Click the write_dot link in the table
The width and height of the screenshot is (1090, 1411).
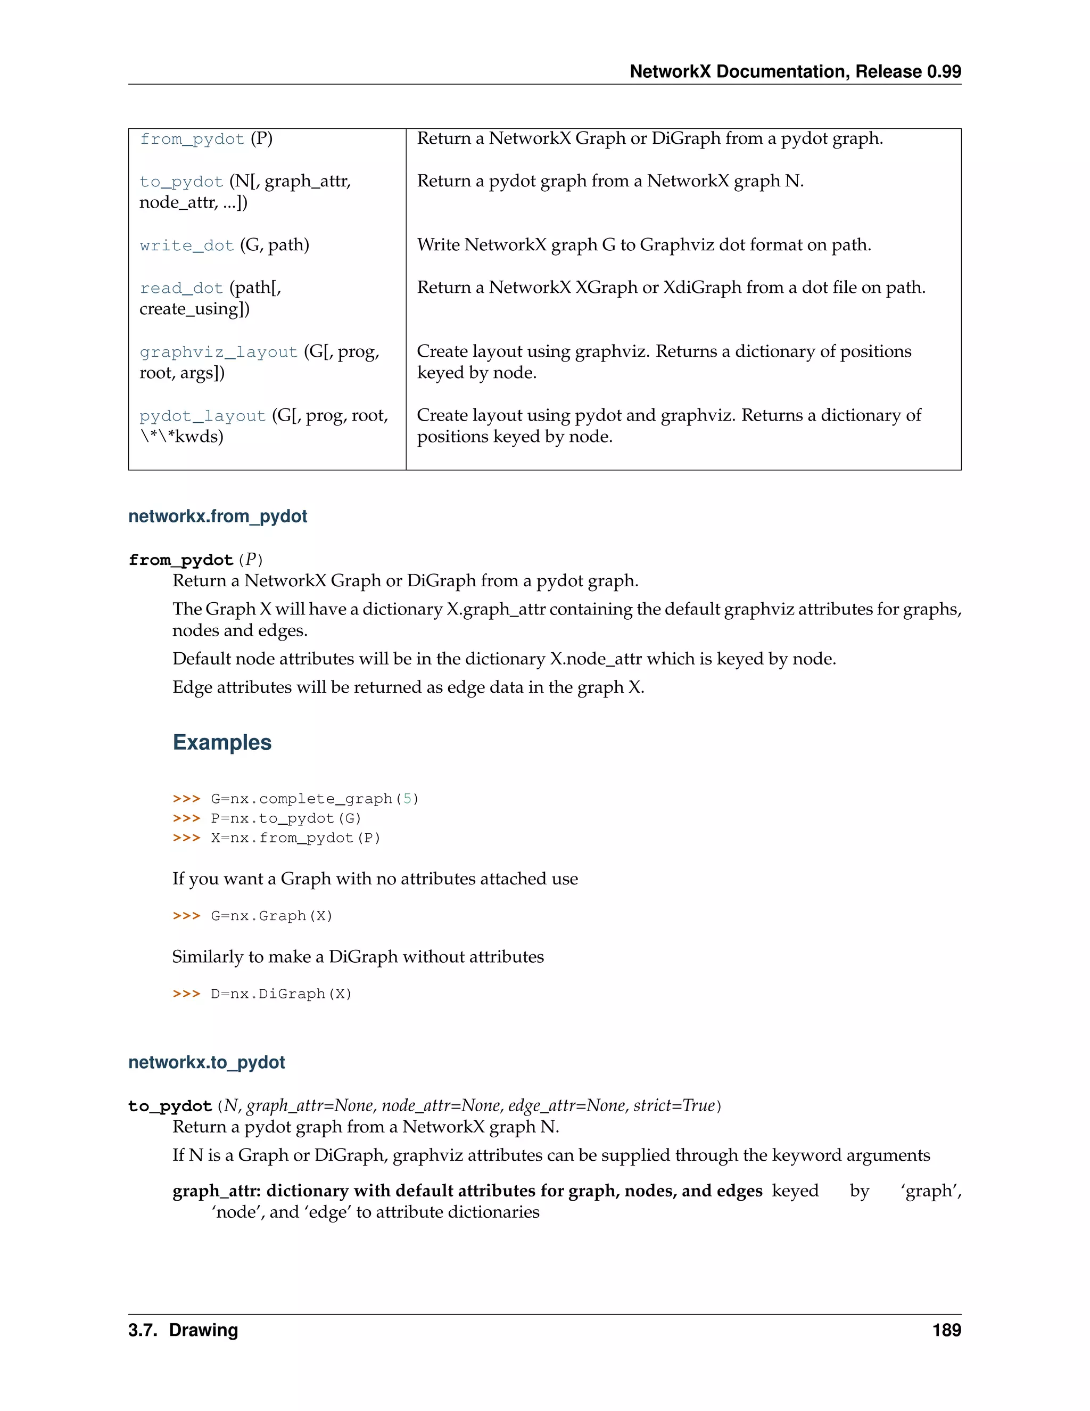[187, 245]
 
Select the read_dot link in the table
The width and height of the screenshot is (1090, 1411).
[181, 288]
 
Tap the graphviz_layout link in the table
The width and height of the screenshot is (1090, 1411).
[218, 352]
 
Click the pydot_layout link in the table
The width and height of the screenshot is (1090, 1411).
[202, 416]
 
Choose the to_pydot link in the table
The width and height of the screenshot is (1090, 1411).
[181, 182]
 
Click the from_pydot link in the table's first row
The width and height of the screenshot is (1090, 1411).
[192, 140]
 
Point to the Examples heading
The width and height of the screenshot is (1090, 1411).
[221, 742]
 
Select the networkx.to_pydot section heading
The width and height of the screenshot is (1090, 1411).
[207, 1062]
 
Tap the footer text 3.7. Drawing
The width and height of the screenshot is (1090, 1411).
[184, 1330]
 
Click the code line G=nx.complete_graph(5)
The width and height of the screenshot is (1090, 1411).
[315, 799]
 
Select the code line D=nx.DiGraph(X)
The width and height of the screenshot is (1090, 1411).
[281, 994]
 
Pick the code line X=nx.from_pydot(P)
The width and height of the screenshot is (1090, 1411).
[295, 838]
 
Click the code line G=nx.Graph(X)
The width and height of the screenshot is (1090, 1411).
[271, 916]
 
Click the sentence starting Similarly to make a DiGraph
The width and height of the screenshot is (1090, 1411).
[358, 957]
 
